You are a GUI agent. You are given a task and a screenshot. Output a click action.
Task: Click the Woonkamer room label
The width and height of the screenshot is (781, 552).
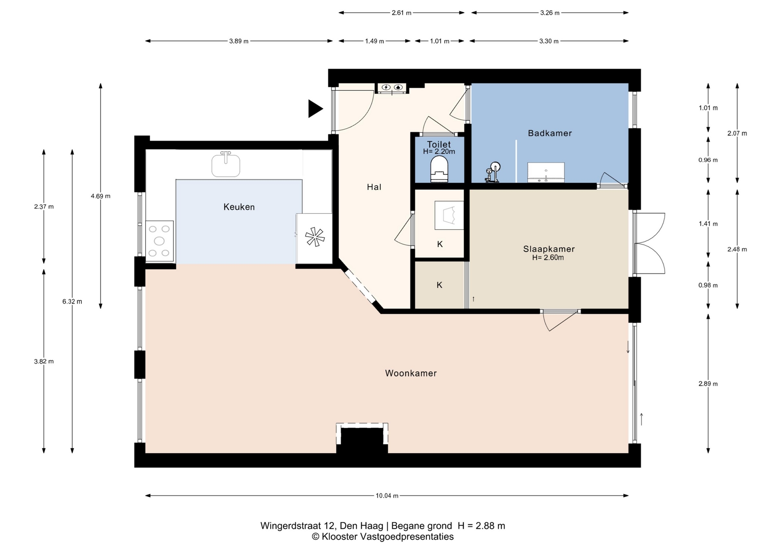[x=411, y=373]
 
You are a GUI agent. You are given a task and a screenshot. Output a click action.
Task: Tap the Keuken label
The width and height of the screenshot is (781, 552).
[x=239, y=207]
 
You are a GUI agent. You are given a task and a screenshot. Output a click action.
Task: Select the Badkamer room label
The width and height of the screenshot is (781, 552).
[x=550, y=133]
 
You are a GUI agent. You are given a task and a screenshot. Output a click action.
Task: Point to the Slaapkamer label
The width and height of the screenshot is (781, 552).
[x=549, y=249]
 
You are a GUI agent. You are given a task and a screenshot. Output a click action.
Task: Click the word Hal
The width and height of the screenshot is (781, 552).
[x=374, y=187]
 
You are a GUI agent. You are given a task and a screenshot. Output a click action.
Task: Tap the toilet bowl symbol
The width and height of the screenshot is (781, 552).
[x=439, y=170]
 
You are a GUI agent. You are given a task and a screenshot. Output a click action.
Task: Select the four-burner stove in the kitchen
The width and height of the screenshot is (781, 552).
[x=159, y=241]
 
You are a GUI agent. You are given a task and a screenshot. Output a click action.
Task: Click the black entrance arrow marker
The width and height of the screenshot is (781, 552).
[x=315, y=109]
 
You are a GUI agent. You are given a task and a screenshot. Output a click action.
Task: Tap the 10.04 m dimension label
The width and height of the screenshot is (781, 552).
[x=387, y=495]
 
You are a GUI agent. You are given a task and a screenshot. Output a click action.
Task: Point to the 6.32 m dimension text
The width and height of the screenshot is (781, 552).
[x=72, y=301]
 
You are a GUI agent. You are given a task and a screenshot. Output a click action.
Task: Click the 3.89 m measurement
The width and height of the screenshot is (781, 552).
[x=239, y=41]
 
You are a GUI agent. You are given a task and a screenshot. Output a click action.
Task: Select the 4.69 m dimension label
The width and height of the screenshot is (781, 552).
[x=100, y=196]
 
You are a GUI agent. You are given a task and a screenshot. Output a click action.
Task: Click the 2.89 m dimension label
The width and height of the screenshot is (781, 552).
[x=708, y=384]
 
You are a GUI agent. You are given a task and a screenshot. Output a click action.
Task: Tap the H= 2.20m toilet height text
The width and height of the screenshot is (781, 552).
[x=439, y=152]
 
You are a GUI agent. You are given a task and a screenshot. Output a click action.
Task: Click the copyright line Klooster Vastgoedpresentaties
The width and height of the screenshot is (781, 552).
[x=383, y=537]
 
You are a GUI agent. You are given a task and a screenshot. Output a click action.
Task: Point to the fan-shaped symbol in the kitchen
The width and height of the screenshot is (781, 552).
[x=315, y=237]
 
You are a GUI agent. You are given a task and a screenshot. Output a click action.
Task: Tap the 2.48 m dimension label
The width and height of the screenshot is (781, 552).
[x=737, y=249]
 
